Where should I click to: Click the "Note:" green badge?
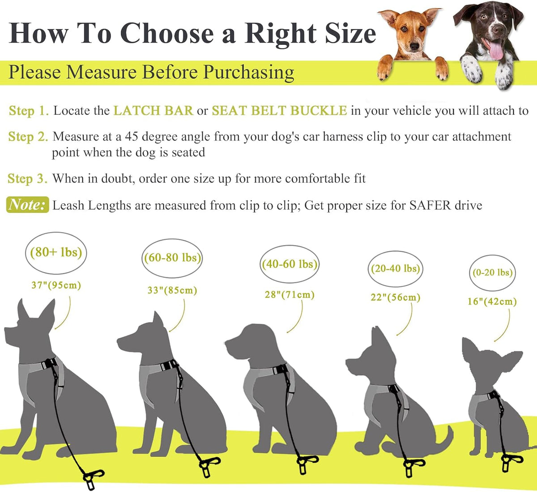(28, 205)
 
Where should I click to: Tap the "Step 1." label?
(29, 111)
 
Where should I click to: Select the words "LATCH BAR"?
(153, 111)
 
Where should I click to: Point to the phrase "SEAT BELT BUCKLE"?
(280, 111)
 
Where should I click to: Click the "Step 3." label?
(28, 179)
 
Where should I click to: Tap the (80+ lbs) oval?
(56, 253)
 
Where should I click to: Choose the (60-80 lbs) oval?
(172, 258)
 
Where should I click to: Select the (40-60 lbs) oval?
(290, 264)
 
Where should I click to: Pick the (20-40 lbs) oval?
(396, 269)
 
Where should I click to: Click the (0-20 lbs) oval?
(493, 273)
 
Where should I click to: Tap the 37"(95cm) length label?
(56, 285)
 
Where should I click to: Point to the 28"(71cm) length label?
(290, 295)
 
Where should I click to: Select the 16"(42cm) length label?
(492, 302)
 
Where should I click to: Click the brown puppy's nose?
(414, 47)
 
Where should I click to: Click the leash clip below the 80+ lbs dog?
(92, 478)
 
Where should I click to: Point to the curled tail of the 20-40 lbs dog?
(445, 440)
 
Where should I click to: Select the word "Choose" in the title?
(167, 33)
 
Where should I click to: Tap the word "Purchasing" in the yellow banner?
(248, 73)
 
